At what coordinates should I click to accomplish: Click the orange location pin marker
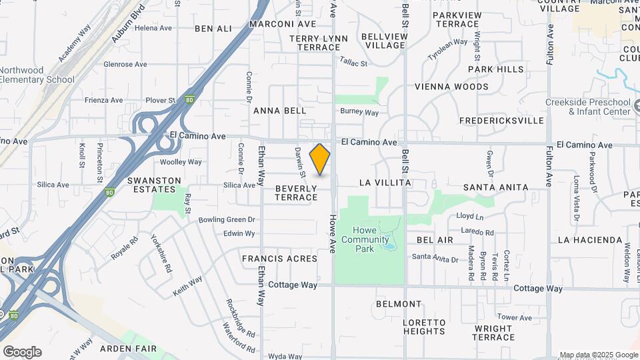coord(320,159)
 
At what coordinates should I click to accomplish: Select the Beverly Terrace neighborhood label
coord(296,193)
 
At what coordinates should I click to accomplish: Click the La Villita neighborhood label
coord(385,183)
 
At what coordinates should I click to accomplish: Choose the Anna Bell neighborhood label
coord(280,111)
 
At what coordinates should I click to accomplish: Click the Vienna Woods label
coord(451,87)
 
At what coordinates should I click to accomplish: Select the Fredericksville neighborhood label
coord(501,121)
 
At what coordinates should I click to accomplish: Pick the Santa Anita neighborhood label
coord(496,188)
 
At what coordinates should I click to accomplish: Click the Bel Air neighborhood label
coord(435,240)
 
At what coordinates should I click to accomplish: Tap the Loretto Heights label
coord(424,327)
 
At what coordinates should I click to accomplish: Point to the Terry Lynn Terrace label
coord(319,43)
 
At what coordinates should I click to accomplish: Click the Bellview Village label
coord(383,41)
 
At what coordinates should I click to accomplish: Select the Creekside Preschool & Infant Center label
coord(588,107)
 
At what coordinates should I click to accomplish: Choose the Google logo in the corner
coord(22,352)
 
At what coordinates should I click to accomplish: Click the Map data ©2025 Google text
coord(598,355)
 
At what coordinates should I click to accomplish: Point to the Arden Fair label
coord(128,349)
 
